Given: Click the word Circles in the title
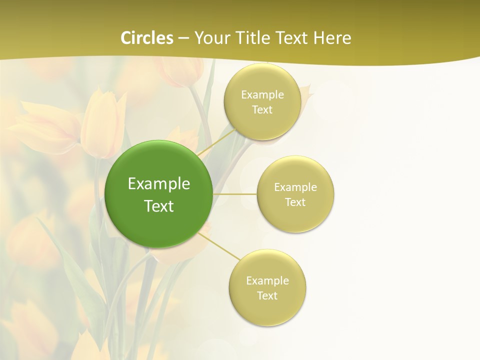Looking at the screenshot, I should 147,38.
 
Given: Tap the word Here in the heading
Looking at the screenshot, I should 332,38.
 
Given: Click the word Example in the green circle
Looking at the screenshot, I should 159,184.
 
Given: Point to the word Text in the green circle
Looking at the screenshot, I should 159,206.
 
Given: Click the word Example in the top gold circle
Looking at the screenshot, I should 262,94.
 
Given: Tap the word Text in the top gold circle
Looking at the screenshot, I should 262,109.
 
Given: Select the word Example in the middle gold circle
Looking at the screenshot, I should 295,187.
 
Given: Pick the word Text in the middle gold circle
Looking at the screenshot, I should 295,202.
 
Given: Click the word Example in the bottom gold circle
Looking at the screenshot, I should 267,280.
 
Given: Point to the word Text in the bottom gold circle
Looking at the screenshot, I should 267,295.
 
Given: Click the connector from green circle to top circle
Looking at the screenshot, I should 216,142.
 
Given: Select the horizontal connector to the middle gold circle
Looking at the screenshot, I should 234,193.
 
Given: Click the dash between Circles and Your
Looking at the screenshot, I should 183,38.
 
